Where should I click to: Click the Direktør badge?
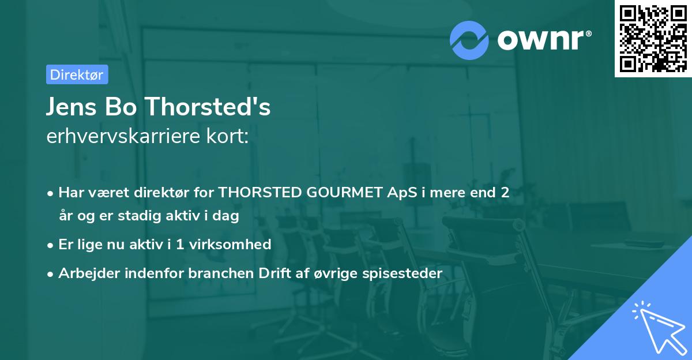pos(77,74)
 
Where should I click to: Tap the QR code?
pos(652,38)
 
